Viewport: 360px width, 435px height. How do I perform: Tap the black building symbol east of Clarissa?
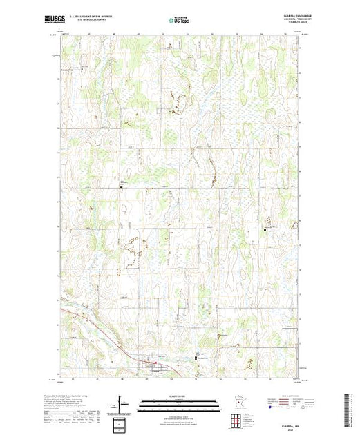[x=196, y=358]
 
